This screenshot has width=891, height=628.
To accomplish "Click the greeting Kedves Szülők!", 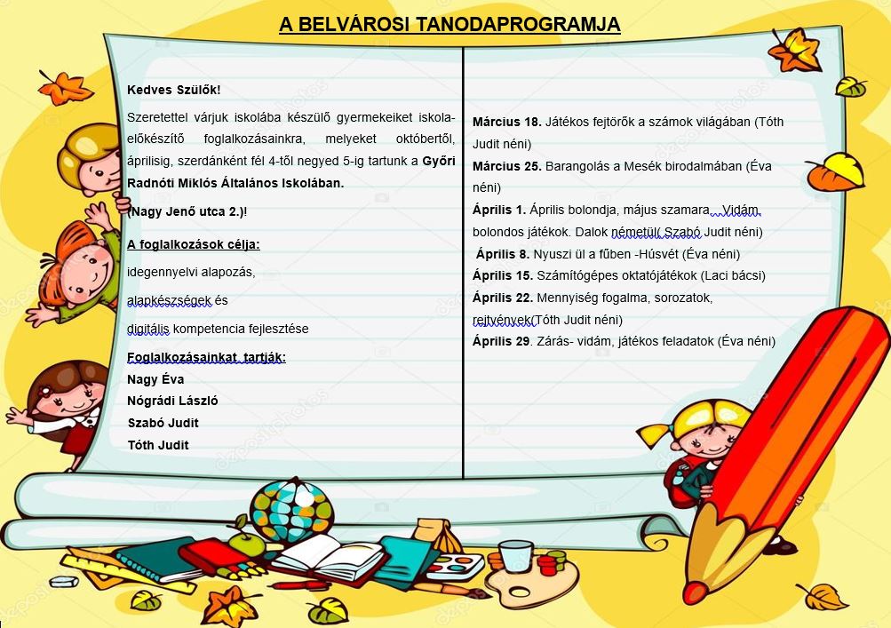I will (173, 90).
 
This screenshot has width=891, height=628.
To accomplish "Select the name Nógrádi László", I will (172, 401).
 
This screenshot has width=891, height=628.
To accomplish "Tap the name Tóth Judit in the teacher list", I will (158, 445).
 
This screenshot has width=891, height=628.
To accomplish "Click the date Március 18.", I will (507, 122).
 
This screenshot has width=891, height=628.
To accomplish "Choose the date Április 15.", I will (503, 275).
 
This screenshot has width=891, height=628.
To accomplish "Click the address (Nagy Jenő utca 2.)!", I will (187, 211).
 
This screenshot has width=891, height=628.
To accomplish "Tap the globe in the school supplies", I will (290, 510).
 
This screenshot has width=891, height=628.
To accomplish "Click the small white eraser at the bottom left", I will (64, 583).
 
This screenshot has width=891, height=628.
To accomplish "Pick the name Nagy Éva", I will (155, 379).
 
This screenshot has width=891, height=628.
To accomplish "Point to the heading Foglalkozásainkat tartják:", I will (206, 358).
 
